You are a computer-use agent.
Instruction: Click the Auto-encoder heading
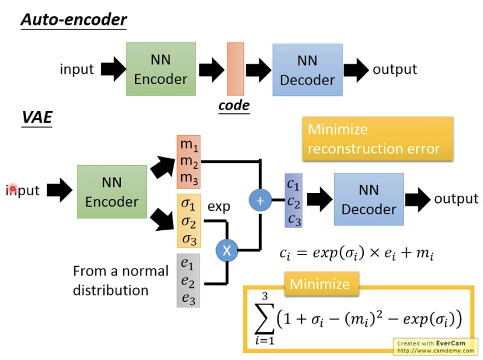pos(74,19)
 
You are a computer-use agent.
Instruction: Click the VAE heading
pos(37,117)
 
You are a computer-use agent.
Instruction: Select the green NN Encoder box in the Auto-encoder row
pos(161,69)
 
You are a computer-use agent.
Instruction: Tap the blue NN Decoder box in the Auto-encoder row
pos(307,69)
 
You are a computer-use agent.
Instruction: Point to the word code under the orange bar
pos(234,106)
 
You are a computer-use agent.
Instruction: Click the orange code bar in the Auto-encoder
pos(234,69)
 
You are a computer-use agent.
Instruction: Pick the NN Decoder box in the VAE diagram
pos(368,199)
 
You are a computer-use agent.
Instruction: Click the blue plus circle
pos(260,200)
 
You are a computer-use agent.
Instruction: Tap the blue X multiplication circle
pos(226,250)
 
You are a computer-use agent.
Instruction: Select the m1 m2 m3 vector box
pos(189,162)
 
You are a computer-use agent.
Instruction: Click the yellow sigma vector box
pos(189,221)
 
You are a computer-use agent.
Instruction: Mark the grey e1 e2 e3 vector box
pos(189,280)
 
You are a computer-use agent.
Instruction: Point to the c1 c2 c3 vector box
pos(293,200)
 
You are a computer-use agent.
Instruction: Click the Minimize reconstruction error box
pos(378,139)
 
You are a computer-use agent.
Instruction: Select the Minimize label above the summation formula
pos(319,284)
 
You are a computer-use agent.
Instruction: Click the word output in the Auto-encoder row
pos(394,69)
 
